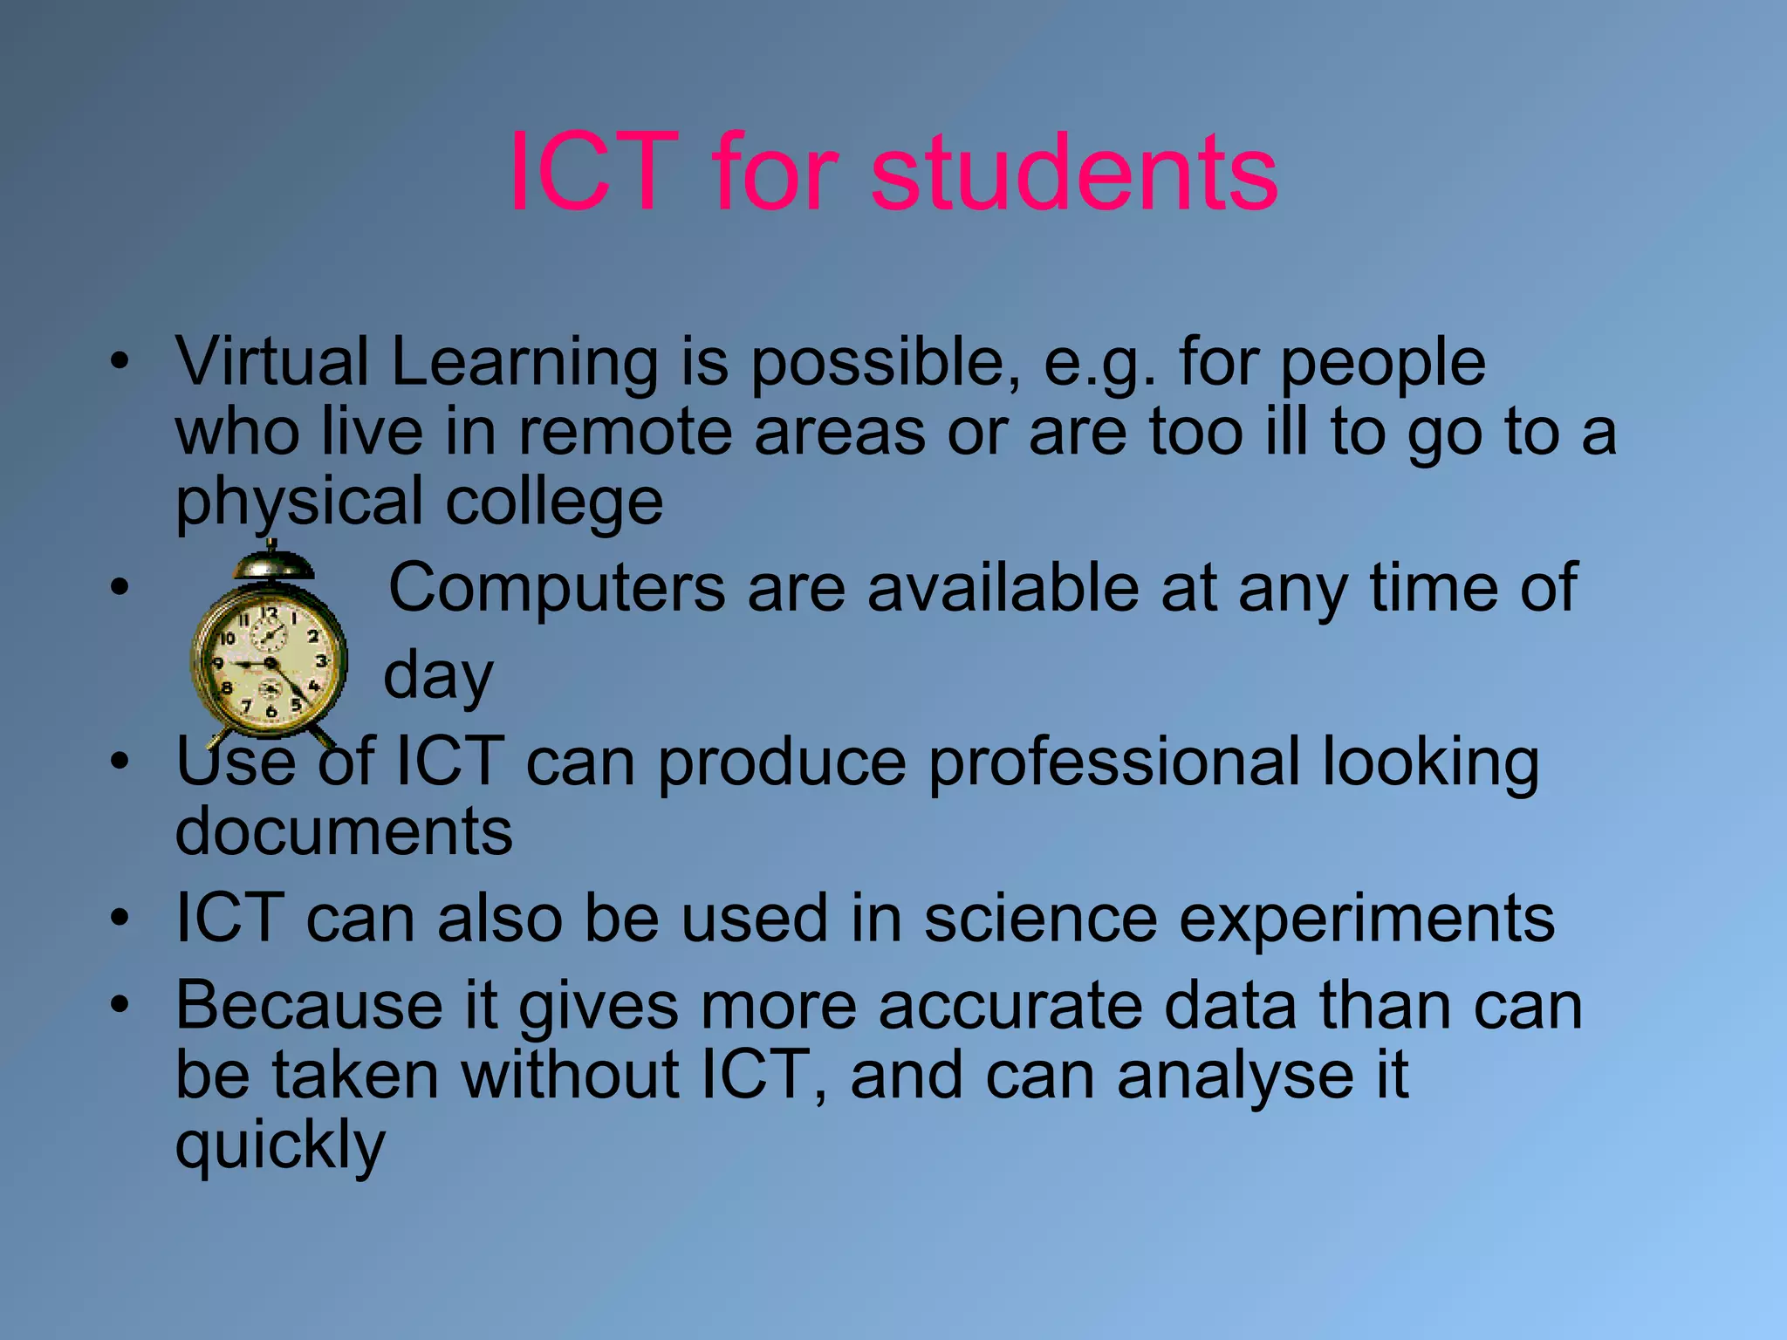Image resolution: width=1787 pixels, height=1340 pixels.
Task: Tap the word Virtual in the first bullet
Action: click(x=271, y=362)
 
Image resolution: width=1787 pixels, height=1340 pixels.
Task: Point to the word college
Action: click(x=554, y=503)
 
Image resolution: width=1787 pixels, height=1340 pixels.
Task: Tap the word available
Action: click(x=1003, y=587)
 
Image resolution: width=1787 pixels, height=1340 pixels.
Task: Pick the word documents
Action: click(x=344, y=831)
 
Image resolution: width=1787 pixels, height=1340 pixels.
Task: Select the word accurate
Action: click(x=1010, y=1006)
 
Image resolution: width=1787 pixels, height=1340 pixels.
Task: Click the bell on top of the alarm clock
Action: click(x=272, y=564)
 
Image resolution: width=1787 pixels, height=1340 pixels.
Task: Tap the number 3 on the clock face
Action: click(x=321, y=661)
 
